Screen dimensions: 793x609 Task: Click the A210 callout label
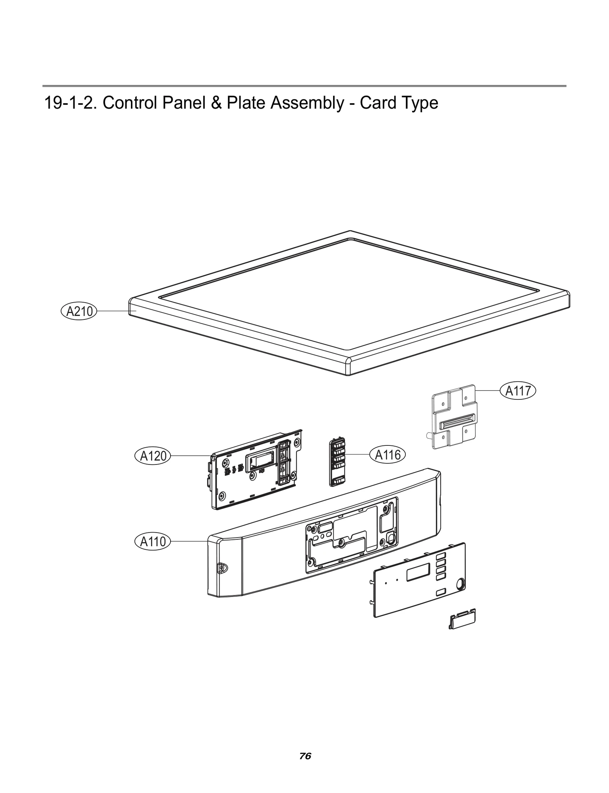pos(79,311)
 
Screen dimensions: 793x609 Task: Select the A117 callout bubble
pos(518,391)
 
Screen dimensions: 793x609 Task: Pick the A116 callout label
pos(387,455)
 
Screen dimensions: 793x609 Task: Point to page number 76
pos(305,756)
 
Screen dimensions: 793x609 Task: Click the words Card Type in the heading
pos(399,103)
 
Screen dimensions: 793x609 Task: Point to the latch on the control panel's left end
pos(221,568)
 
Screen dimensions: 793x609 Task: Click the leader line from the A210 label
pos(114,311)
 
